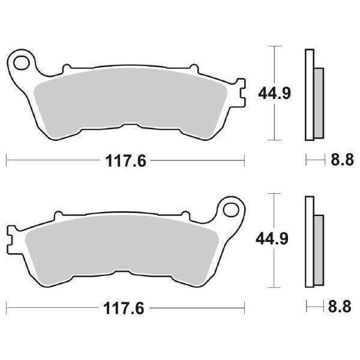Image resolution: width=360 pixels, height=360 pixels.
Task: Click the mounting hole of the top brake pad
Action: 23,61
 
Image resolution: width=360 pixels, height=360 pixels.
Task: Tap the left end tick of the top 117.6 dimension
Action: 6,160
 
